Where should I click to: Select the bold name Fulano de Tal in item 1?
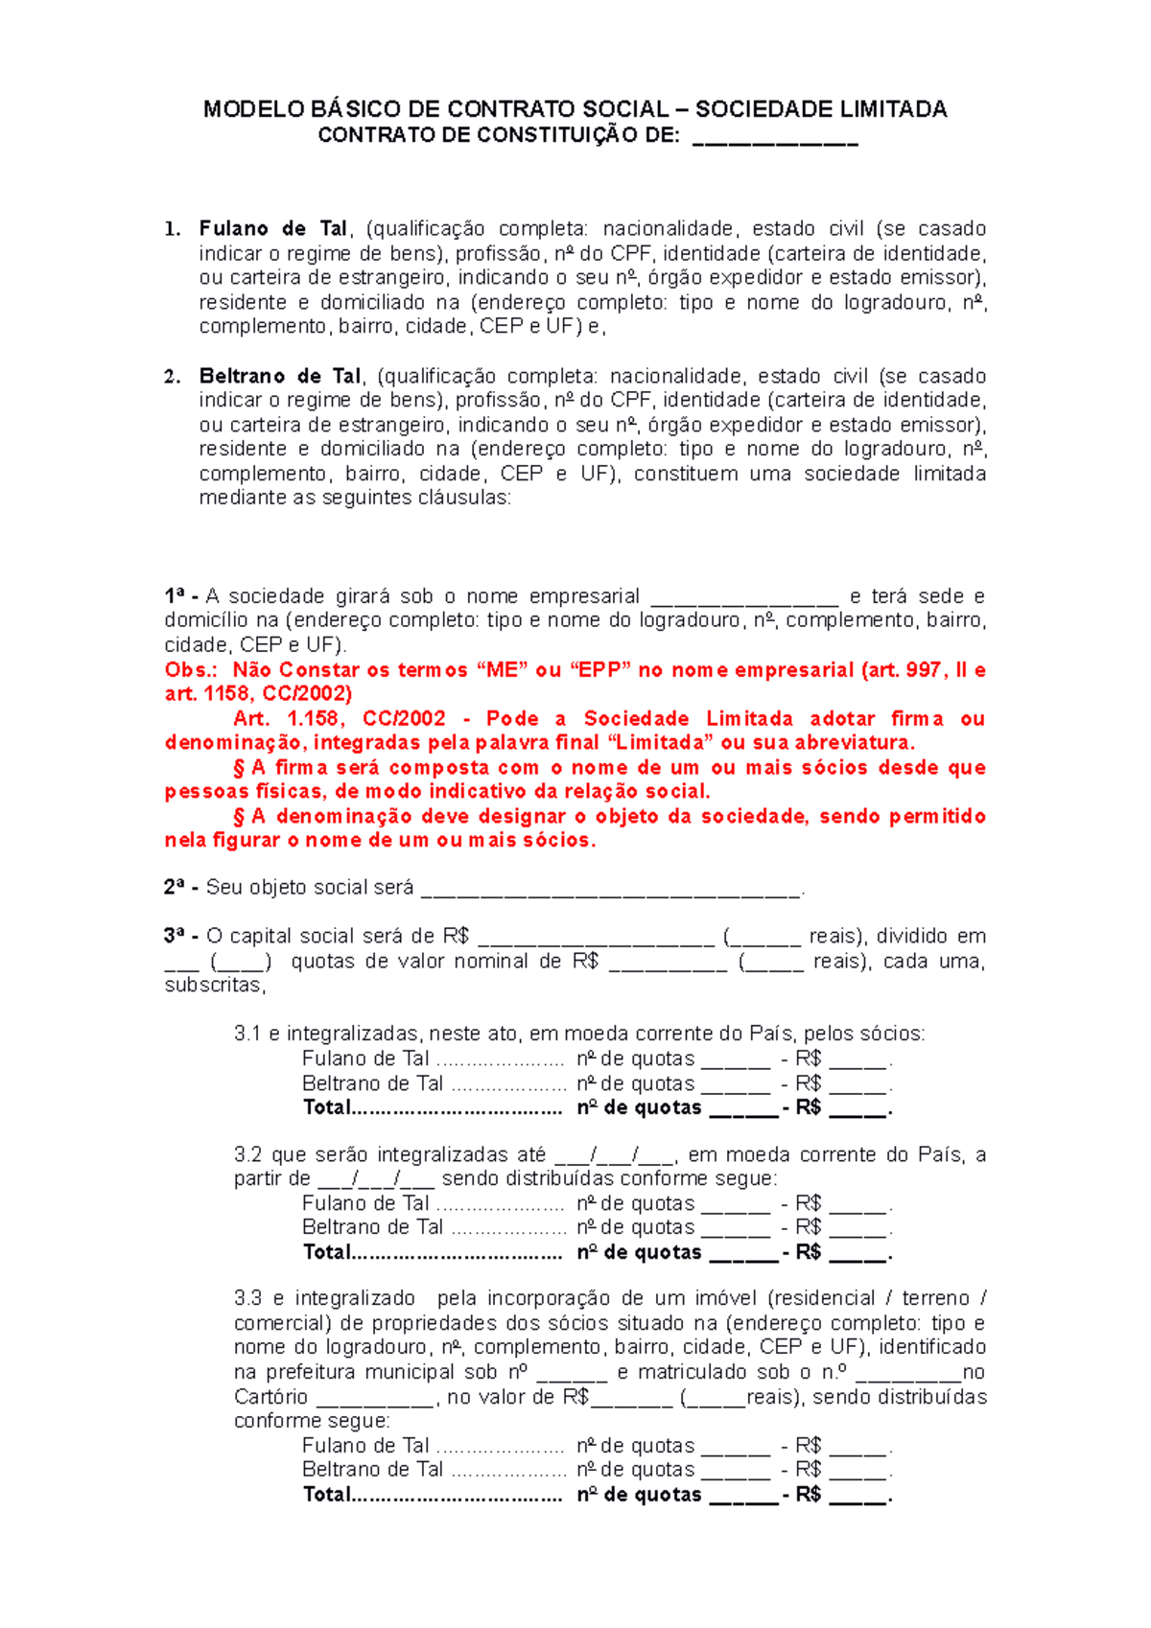pos(272,229)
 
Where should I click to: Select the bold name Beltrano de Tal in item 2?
pos(280,376)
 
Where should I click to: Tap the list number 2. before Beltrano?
pos(172,376)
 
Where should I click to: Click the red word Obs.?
pos(191,670)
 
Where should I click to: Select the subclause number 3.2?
pos(247,1155)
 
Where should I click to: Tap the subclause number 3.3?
pos(247,1299)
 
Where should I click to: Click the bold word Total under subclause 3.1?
pos(327,1108)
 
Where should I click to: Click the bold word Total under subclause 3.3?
pos(327,1495)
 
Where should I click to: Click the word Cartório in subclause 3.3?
pos(270,1398)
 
